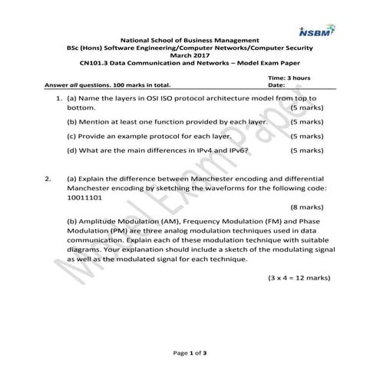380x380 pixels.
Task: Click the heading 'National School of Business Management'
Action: (x=190, y=42)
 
